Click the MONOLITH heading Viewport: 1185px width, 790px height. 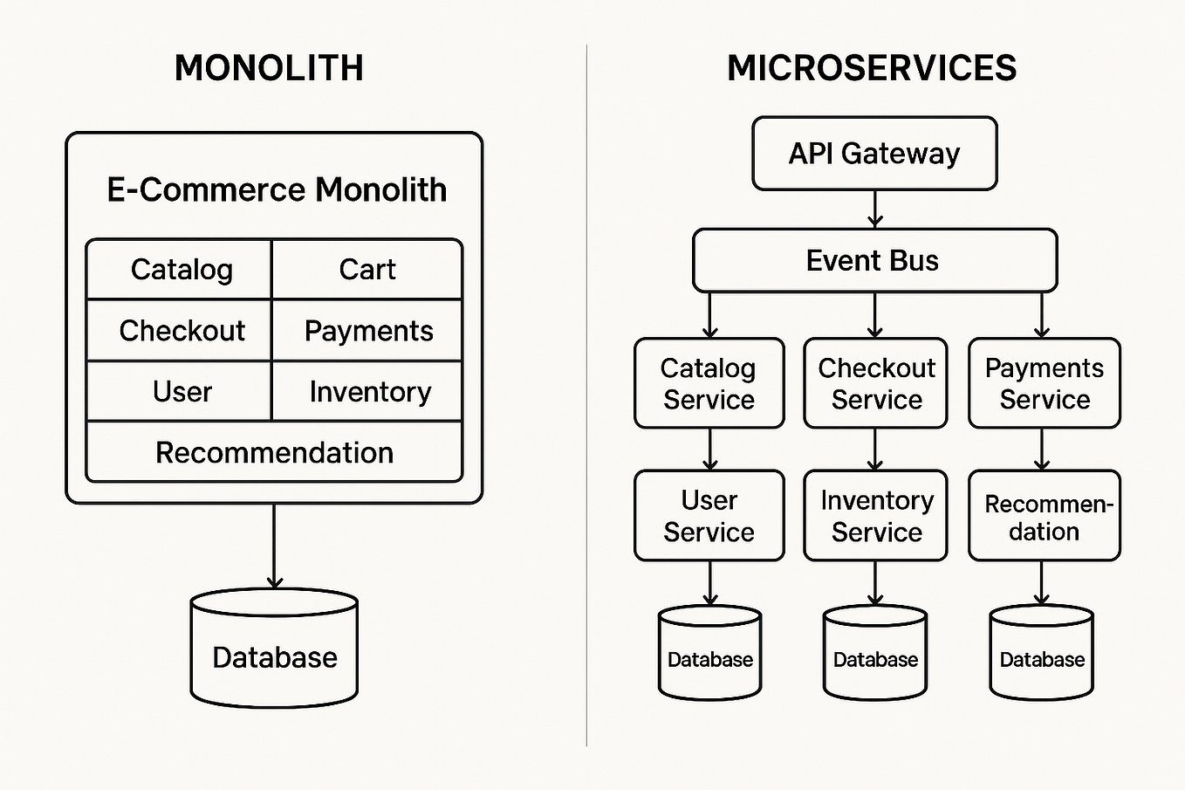click(x=269, y=68)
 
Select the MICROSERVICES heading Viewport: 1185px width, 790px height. click(x=872, y=68)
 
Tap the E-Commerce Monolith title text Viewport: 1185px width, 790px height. click(x=276, y=189)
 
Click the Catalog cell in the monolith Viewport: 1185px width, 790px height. click(x=181, y=270)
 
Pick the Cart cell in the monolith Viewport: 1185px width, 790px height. click(x=367, y=270)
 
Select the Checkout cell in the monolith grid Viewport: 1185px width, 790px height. click(x=181, y=331)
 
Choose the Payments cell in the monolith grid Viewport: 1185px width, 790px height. click(x=367, y=331)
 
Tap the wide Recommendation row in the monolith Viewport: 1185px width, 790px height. click(x=274, y=452)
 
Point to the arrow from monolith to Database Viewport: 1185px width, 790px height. click(x=274, y=546)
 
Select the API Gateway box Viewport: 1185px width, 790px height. click(x=874, y=154)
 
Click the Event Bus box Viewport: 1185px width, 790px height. click(x=874, y=260)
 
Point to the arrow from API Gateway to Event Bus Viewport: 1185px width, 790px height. click(x=875, y=210)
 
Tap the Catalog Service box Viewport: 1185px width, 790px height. click(x=709, y=383)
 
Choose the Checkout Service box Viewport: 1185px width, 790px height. click(x=875, y=383)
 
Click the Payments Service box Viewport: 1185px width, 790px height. click(x=1044, y=383)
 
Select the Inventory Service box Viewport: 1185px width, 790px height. click(x=875, y=516)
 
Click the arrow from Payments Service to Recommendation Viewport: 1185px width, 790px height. click(x=1042, y=450)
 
